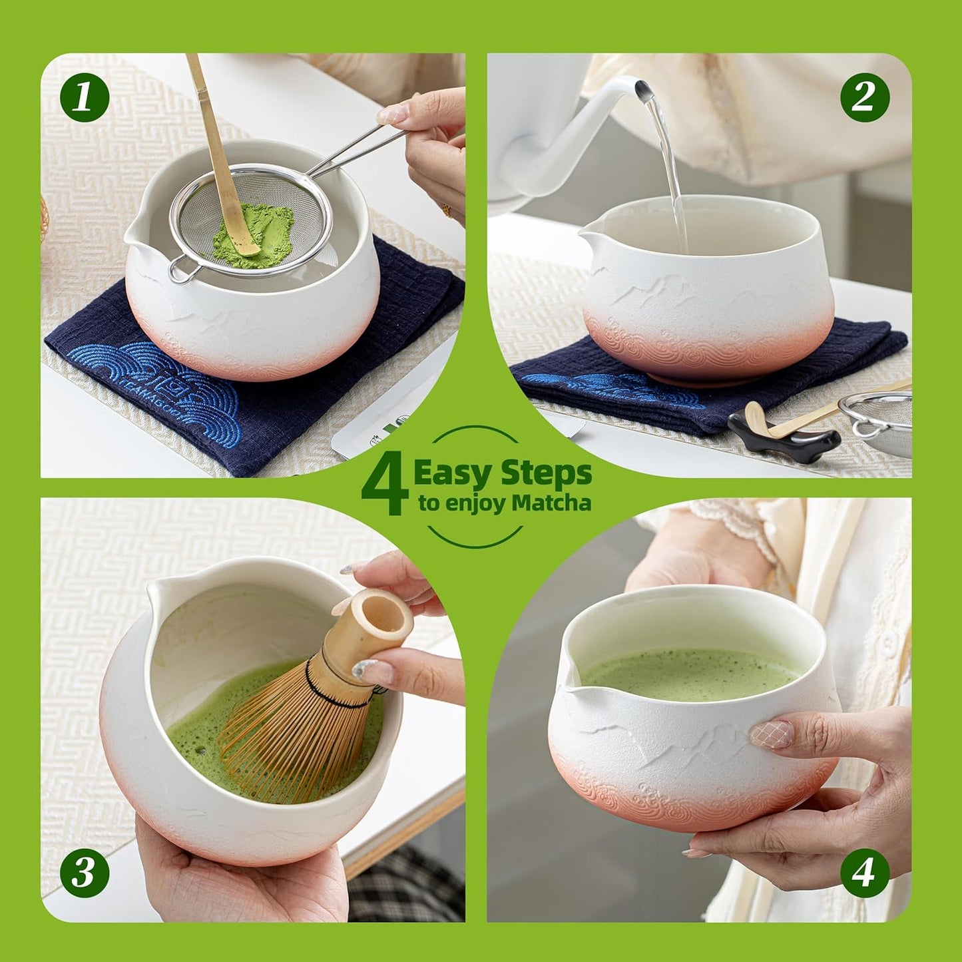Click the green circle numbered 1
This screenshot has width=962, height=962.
85,97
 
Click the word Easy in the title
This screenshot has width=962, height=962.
453,474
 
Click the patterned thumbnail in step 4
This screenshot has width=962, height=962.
771,734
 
